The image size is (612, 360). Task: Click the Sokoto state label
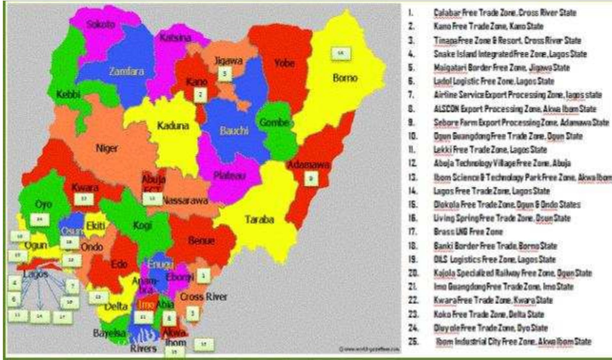[101, 24]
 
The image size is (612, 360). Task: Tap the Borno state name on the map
[345, 78]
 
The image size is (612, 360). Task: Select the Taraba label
[259, 220]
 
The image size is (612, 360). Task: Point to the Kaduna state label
[173, 126]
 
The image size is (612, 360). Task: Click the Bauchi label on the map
[234, 131]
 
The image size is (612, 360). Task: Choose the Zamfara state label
[126, 71]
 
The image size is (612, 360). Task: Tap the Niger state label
[107, 148]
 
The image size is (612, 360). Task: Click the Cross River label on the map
[204, 297]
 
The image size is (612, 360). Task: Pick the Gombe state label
[274, 122]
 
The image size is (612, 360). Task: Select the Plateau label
[229, 175]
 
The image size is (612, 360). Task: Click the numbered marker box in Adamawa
[310, 179]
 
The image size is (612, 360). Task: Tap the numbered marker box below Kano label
[201, 95]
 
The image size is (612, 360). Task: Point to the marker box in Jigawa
[225, 74]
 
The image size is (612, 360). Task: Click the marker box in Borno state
[341, 53]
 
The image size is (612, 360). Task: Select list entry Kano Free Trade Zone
[488, 26]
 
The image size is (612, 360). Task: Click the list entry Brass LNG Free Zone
[468, 232]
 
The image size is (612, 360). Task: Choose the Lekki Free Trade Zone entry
[490, 149]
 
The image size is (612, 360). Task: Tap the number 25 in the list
[413, 341]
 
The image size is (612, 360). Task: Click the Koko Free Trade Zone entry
[489, 314]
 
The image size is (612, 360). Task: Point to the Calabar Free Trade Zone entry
[505, 13]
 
